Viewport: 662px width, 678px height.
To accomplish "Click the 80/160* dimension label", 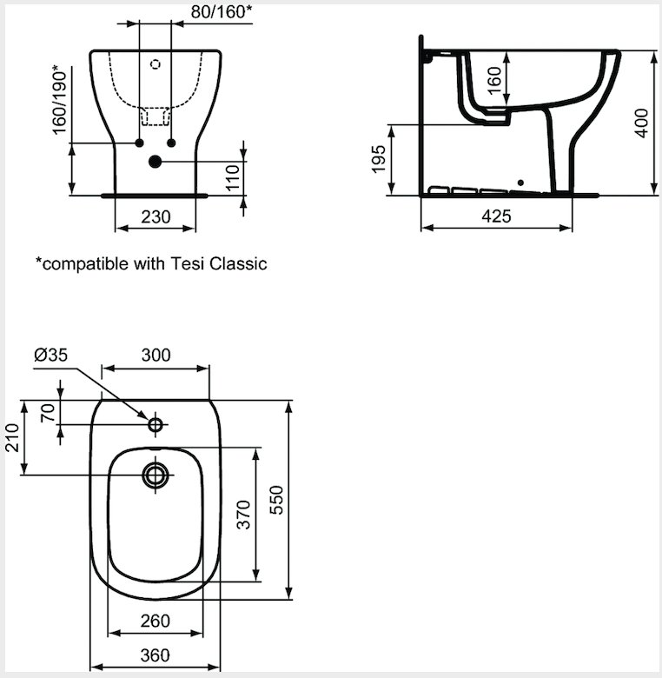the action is pyautogui.click(x=221, y=12).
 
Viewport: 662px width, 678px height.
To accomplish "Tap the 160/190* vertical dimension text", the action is pyautogui.click(x=60, y=100).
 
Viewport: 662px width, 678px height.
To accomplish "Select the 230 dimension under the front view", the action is pyautogui.click(x=156, y=216).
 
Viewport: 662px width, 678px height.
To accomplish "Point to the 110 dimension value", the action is pyautogui.click(x=233, y=177).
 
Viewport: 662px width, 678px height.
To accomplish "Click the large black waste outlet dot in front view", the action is pyautogui.click(x=155, y=162).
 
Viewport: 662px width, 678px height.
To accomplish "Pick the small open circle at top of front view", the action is pyautogui.click(x=156, y=64).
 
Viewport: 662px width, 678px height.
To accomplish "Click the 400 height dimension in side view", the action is pyautogui.click(x=642, y=123).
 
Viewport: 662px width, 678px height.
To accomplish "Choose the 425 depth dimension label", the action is pyautogui.click(x=496, y=216).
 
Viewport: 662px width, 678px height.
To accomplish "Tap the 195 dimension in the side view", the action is pyautogui.click(x=379, y=159).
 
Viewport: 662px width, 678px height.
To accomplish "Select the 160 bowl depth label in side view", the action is pyautogui.click(x=494, y=80).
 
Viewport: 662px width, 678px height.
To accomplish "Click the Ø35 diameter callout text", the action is pyautogui.click(x=51, y=355).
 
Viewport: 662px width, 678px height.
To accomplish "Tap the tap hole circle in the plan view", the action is pyautogui.click(x=156, y=424).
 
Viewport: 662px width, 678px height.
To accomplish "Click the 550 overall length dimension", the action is pyautogui.click(x=276, y=500).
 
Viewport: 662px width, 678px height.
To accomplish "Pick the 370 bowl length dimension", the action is pyautogui.click(x=244, y=515).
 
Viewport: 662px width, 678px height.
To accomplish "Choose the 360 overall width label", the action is pyautogui.click(x=156, y=655).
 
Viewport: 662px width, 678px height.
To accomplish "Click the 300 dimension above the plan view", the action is pyautogui.click(x=156, y=355).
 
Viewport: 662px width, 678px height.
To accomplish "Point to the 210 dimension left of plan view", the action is pyautogui.click(x=12, y=437).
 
